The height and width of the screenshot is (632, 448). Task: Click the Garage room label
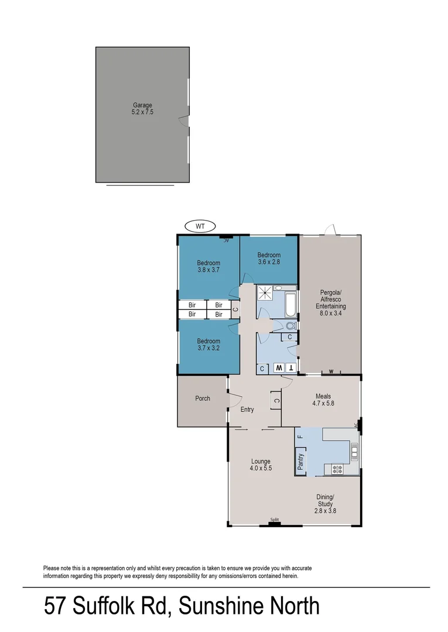[142, 109]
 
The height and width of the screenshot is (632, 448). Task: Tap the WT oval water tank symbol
[200, 226]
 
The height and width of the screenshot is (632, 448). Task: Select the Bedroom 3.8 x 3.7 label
[208, 267]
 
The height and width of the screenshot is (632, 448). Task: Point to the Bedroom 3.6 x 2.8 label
[269, 259]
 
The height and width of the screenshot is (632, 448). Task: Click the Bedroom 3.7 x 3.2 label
[208, 345]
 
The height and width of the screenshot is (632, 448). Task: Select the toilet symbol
[290, 325]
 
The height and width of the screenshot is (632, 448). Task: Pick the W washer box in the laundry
[279, 368]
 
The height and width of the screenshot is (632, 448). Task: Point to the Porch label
[203, 399]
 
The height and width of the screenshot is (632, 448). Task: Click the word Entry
[247, 410]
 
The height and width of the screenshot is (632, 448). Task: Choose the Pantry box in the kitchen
[301, 462]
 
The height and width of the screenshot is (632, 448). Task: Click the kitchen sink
[354, 450]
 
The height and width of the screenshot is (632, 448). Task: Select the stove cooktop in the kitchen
[337, 468]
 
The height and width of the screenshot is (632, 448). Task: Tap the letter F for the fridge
[299, 437]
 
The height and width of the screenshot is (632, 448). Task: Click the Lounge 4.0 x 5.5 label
[261, 465]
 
